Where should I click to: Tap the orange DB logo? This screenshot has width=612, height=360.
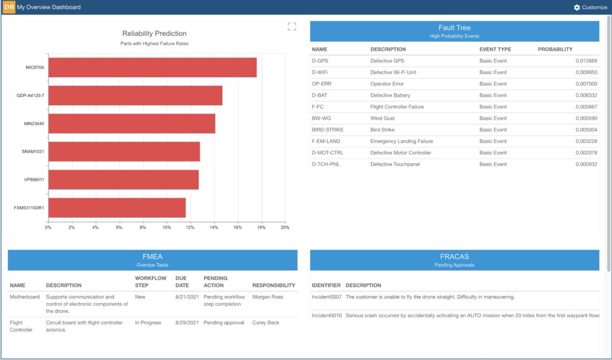click(x=9, y=7)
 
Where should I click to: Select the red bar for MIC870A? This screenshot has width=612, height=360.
click(x=152, y=68)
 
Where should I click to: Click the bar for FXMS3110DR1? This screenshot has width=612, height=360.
click(x=117, y=208)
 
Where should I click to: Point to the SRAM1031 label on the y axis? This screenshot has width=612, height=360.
click(x=33, y=152)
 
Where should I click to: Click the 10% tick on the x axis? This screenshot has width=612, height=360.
click(x=166, y=227)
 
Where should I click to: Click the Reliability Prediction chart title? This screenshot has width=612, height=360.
click(x=154, y=33)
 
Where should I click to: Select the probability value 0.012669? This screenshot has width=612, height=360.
click(x=586, y=61)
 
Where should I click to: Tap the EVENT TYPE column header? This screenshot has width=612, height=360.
click(x=495, y=49)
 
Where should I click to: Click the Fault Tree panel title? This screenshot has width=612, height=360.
click(x=454, y=28)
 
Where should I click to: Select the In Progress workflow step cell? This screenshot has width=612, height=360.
click(x=148, y=323)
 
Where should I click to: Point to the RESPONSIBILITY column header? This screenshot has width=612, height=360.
click(x=274, y=285)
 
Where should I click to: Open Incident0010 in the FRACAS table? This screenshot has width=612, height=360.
click(x=326, y=315)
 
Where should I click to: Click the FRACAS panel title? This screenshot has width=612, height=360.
click(x=454, y=257)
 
